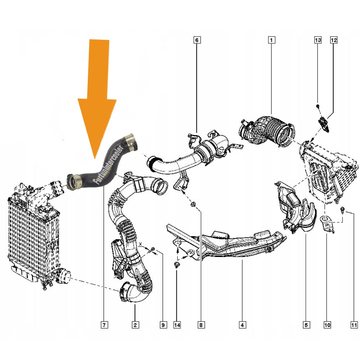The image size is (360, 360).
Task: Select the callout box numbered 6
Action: (x=197, y=40)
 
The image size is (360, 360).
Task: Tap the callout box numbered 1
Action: (x=271, y=40)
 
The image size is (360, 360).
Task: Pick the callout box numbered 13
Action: (x=317, y=40)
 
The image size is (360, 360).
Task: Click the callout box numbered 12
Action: (x=334, y=40)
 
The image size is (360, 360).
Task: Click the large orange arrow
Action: (x=97, y=97)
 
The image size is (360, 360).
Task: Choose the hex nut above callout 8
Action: (x=193, y=205)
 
